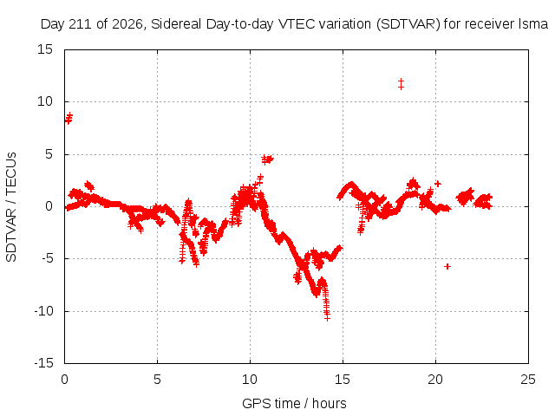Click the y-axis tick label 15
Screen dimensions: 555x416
44,49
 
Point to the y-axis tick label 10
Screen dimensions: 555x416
44,102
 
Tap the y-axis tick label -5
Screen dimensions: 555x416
47,258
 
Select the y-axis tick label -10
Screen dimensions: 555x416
43,311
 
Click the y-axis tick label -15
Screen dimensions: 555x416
43,363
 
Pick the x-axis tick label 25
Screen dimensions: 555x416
528,380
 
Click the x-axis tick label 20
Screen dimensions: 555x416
435,380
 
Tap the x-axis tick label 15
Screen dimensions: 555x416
343,380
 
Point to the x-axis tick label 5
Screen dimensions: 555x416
157,380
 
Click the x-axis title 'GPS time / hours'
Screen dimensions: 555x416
294,403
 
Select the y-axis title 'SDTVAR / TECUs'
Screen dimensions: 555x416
11,207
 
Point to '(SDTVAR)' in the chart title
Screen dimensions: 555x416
408,24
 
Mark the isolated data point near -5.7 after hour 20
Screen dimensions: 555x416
447,266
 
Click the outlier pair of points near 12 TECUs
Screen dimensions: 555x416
401,84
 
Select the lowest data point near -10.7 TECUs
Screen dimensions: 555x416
328,318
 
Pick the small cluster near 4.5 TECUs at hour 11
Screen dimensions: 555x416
267,159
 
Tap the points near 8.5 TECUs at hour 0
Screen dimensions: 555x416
69,118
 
